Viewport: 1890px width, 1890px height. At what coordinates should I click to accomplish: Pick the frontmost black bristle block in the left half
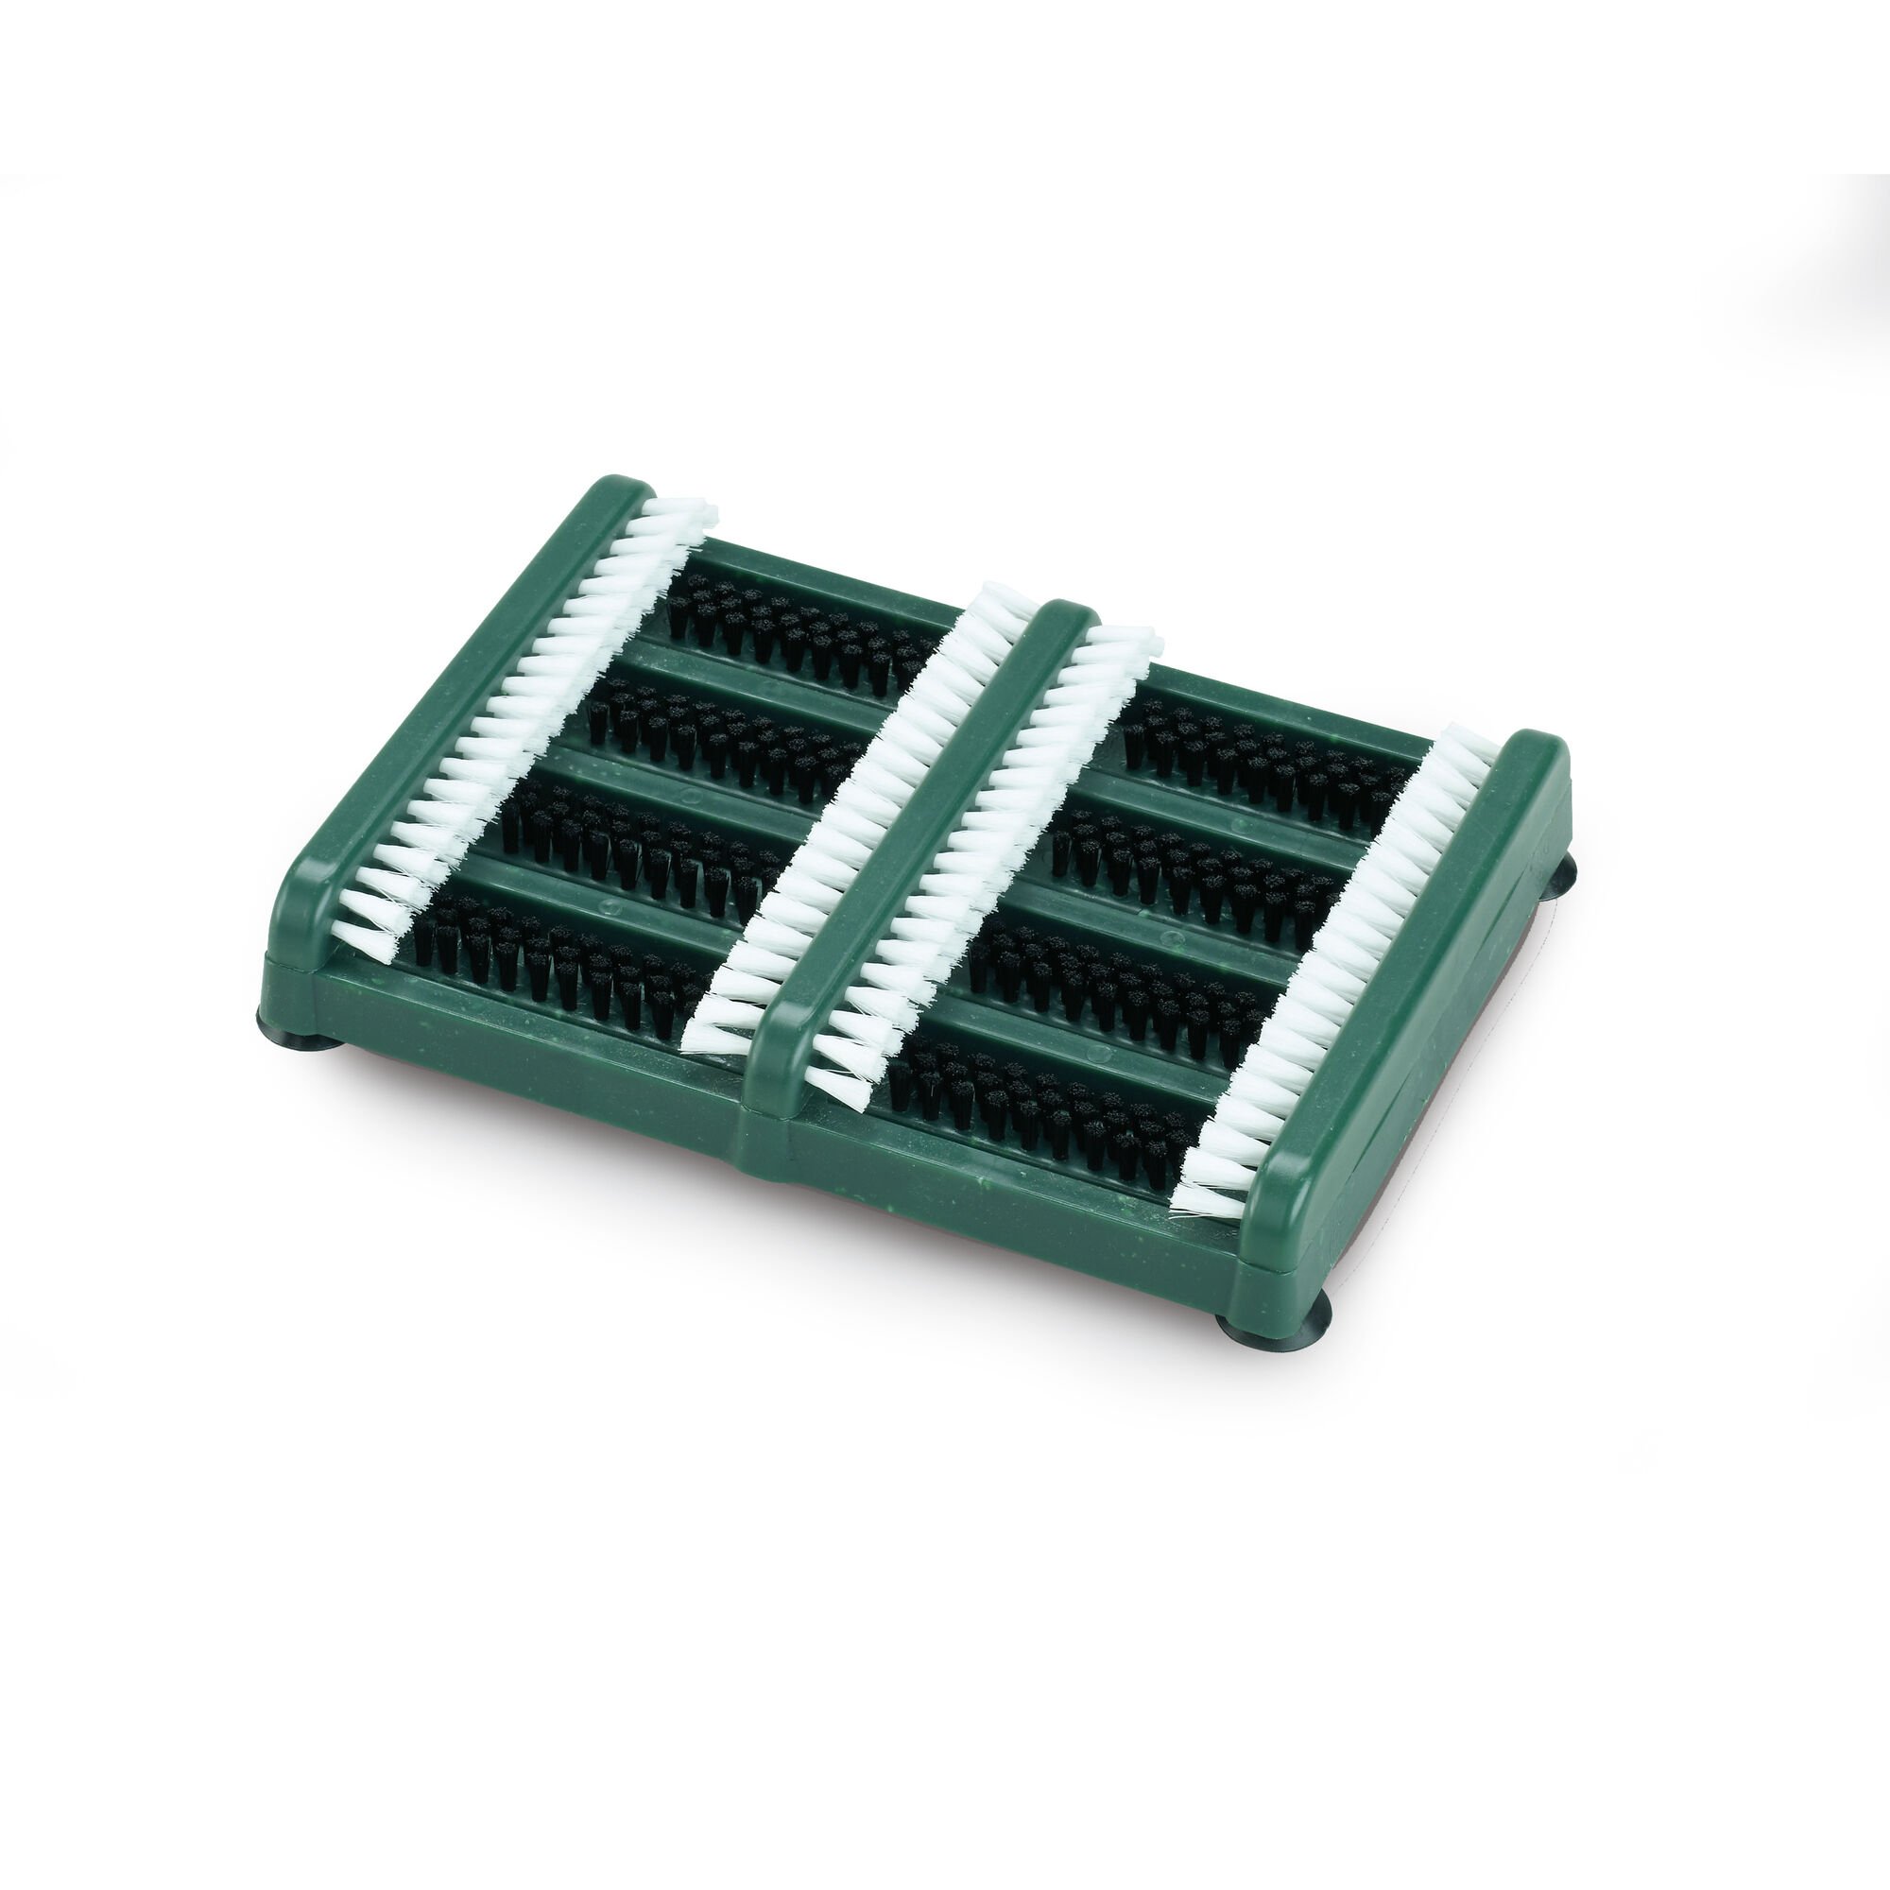pos(558,964)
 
